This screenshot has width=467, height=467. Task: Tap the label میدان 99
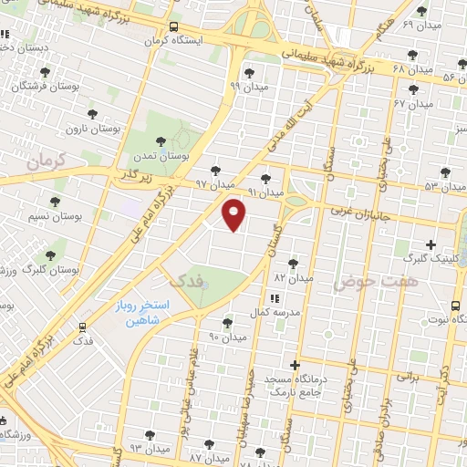coord(247,86)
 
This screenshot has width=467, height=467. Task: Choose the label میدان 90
coord(228,337)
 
